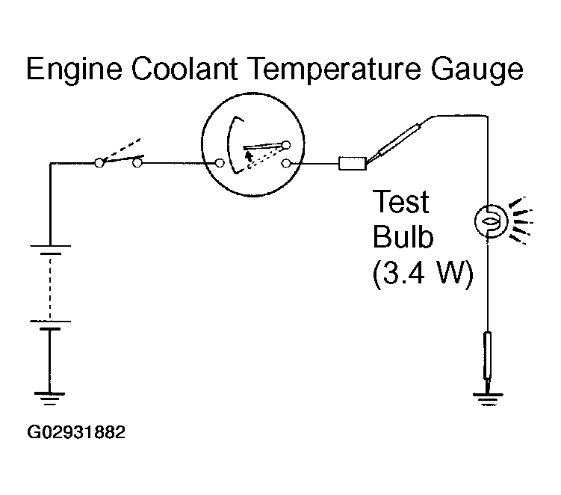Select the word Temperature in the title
pyautogui.click(x=334, y=70)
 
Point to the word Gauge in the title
pyautogui.click(x=477, y=70)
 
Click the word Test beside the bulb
pyautogui.click(x=400, y=202)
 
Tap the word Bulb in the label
pyautogui.click(x=403, y=236)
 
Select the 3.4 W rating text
pyautogui.click(x=423, y=273)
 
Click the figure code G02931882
pyautogui.click(x=76, y=432)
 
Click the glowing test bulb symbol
pyautogui.click(x=491, y=221)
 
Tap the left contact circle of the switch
pyautogui.click(x=99, y=163)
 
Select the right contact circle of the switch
pyautogui.click(x=137, y=163)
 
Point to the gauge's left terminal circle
pyautogui.click(x=220, y=163)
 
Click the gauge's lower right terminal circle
pyautogui.click(x=285, y=164)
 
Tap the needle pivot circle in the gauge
pyautogui.click(x=286, y=145)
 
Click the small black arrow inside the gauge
pyautogui.click(x=247, y=156)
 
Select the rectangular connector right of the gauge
pyautogui.click(x=353, y=163)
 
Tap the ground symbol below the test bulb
pyautogui.click(x=488, y=399)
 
